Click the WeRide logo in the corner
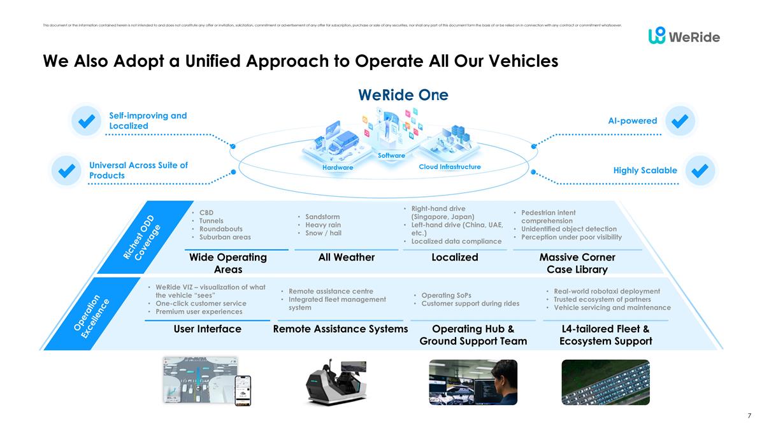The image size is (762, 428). [x=684, y=36]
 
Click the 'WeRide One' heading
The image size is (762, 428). [x=403, y=95]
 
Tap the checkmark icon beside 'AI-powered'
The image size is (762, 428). [x=680, y=120]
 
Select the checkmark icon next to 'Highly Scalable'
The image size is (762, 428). [x=700, y=170]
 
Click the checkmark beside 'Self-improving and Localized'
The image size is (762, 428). [x=86, y=120]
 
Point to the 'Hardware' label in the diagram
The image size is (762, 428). [x=338, y=168]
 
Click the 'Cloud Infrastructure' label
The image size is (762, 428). [x=449, y=167]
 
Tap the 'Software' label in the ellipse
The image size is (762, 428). [x=391, y=155]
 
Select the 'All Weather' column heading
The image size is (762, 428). [x=347, y=257]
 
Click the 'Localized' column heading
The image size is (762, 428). [x=455, y=257]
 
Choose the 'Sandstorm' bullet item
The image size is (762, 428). [x=322, y=217]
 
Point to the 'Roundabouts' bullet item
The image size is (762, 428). [x=220, y=229]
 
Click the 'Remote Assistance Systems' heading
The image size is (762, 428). [x=340, y=329]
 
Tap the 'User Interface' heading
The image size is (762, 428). [x=208, y=329]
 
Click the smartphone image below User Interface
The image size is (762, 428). [x=243, y=390]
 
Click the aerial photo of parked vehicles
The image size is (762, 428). [x=605, y=382]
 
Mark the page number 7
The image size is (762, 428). [x=749, y=415]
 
